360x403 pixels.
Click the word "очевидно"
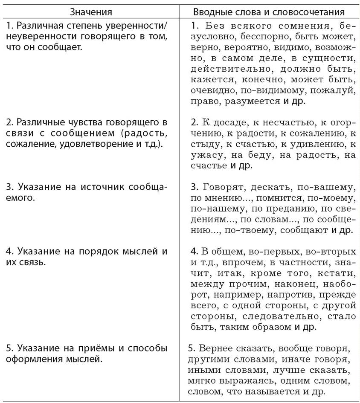pos(211,90)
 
